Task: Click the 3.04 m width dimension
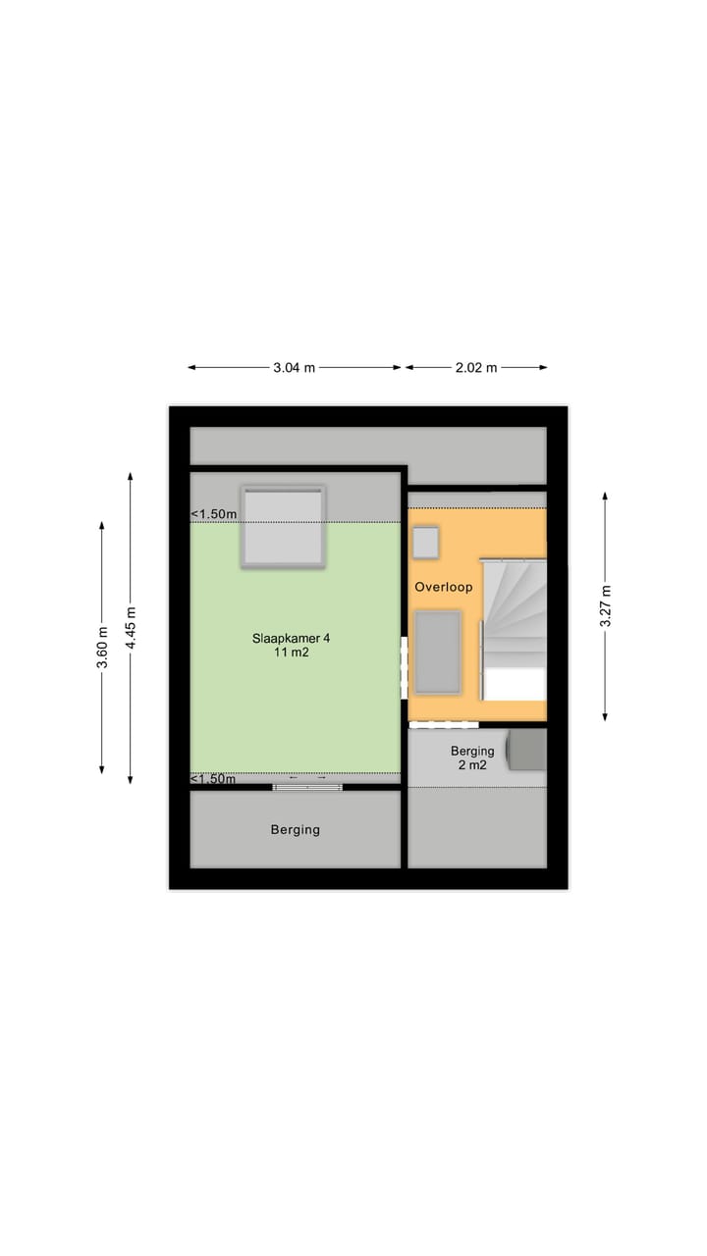pyautogui.click(x=295, y=368)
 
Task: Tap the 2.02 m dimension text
pyautogui.click(x=476, y=368)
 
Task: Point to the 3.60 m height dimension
pyautogui.click(x=102, y=648)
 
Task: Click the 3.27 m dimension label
pyautogui.click(x=605, y=606)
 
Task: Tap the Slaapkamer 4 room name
pyautogui.click(x=292, y=638)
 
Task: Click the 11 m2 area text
pyautogui.click(x=292, y=653)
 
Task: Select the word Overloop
pyautogui.click(x=443, y=588)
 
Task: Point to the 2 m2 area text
pyautogui.click(x=472, y=765)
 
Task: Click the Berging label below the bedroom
pyautogui.click(x=296, y=830)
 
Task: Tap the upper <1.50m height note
pyautogui.click(x=213, y=514)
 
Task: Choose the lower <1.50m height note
pyautogui.click(x=213, y=779)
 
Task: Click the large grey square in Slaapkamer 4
pyautogui.click(x=283, y=527)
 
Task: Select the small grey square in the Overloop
pyautogui.click(x=425, y=542)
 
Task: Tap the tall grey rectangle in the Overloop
pyautogui.click(x=438, y=652)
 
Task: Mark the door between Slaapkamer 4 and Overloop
pyautogui.click(x=404, y=667)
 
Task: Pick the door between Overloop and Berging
pyautogui.click(x=443, y=725)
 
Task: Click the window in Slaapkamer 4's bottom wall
pyautogui.click(x=307, y=786)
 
